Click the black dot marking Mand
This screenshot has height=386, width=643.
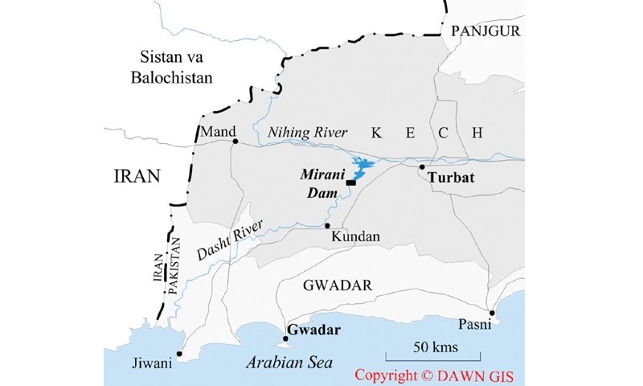[235, 142]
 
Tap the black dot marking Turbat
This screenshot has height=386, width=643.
[422, 167]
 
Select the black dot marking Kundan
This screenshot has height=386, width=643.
[328, 226]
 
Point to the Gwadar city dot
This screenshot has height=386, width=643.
[285, 339]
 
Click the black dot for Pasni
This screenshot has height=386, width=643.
[492, 313]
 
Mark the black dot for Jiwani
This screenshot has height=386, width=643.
[179, 353]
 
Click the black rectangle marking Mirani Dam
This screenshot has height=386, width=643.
[351, 183]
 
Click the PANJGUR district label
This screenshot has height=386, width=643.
[486, 31]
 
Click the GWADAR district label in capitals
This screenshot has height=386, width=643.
[335, 286]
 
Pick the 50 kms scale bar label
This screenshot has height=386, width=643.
[432, 347]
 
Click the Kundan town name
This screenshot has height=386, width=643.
[354, 238]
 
